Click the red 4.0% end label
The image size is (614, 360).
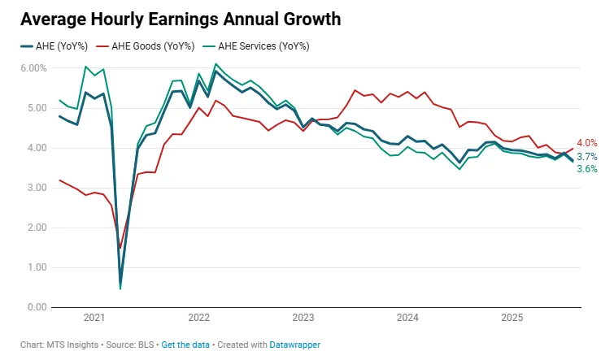(587, 143)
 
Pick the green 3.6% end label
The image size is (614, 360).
(587, 169)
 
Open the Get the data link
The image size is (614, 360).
(185, 345)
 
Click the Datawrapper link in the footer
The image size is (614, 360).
(295, 345)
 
